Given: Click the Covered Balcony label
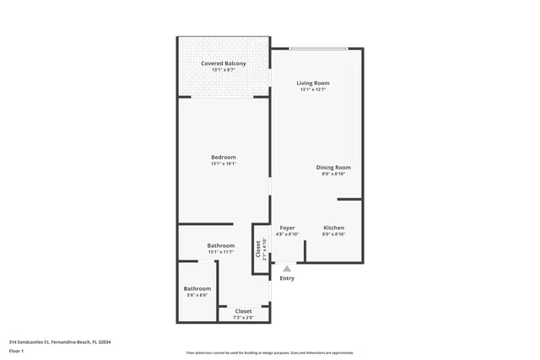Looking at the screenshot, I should [224, 63].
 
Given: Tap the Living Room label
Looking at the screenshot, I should [312, 83].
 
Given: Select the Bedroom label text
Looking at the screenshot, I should [224, 157].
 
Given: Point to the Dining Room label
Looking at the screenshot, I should [333, 167].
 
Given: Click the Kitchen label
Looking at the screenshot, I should [333, 228].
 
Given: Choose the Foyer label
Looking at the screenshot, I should [288, 228].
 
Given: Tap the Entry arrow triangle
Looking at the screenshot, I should [287, 268].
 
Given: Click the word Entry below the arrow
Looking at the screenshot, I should [287, 278].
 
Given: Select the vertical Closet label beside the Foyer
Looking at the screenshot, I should [259, 249].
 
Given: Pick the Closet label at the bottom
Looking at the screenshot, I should [243, 311].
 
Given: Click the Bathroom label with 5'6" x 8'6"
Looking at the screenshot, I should [197, 288].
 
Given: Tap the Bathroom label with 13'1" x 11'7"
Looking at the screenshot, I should [220, 245].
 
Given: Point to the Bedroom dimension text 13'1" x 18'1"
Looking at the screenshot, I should [224, 164].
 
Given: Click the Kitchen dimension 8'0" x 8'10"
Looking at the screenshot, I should [333, 234].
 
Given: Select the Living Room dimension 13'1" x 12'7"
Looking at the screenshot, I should [312, 89].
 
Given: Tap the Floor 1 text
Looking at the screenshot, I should [17, 350].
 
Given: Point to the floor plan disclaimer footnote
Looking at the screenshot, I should [269, 352].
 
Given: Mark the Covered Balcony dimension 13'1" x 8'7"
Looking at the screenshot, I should [224, 70].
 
